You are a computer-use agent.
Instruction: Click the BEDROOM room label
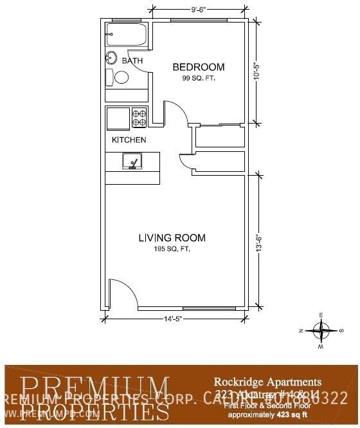pos(199,67)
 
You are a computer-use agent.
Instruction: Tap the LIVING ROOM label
pos(172,238)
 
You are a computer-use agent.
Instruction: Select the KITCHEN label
pos(129,140)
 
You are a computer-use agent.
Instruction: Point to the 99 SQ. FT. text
pos(199,78)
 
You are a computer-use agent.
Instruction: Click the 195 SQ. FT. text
pos(172,249)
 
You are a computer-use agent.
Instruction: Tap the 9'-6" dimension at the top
pos(199,10)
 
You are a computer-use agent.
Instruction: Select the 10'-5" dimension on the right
pos(258,74)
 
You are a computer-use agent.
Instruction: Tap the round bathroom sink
pos(111,58)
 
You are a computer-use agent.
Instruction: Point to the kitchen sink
pos(132,162)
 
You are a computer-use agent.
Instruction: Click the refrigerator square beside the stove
pos(118,118)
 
